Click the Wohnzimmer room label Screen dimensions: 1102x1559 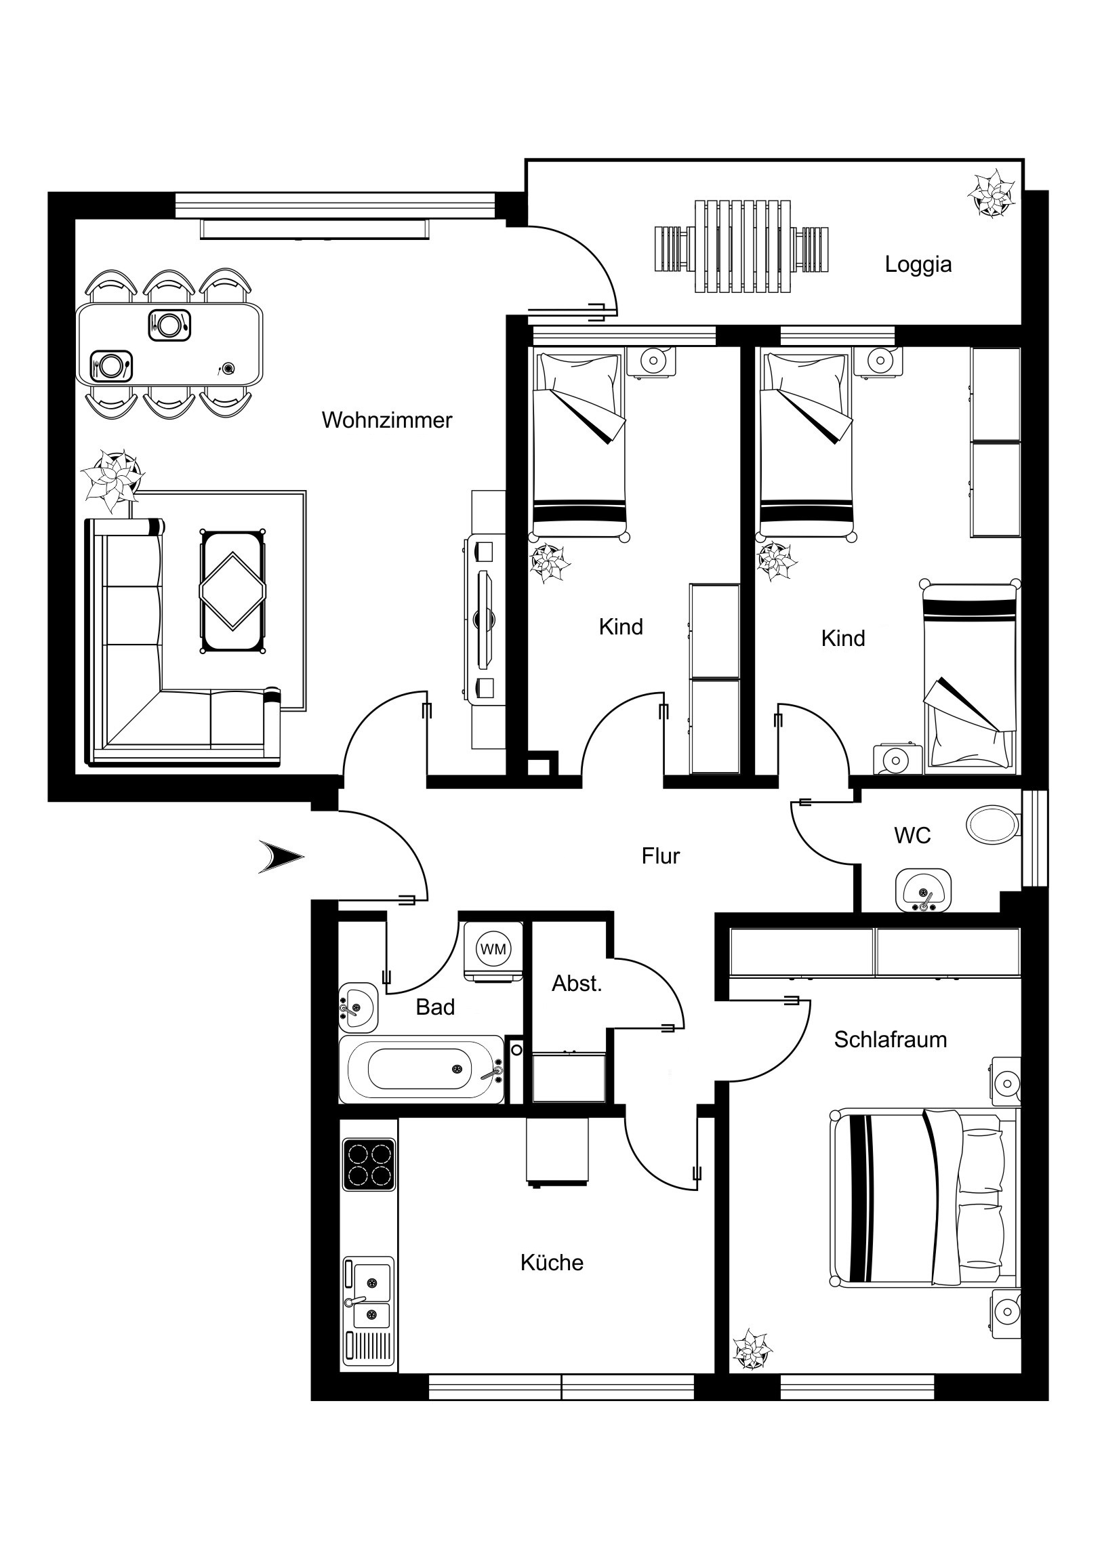click(x=387, y=420)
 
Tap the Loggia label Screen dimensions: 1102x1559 click(x=918, y=264)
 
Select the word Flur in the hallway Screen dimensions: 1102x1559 click(x=661, y=855)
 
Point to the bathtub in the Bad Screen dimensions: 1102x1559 click(x=422, y=1070)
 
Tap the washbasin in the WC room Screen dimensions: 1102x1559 click(x=924, y=890)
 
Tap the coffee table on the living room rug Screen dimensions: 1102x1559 click(x=233, y=592)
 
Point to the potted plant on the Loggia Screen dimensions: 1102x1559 click(x=992, y=193)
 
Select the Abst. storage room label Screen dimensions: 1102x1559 click(x=577, y=984)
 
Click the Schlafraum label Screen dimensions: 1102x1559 click(x=890, y=1040)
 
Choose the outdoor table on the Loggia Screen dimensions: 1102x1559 click(x=743, y=247)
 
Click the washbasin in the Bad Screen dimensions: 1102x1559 click(x=358, y=1007)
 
